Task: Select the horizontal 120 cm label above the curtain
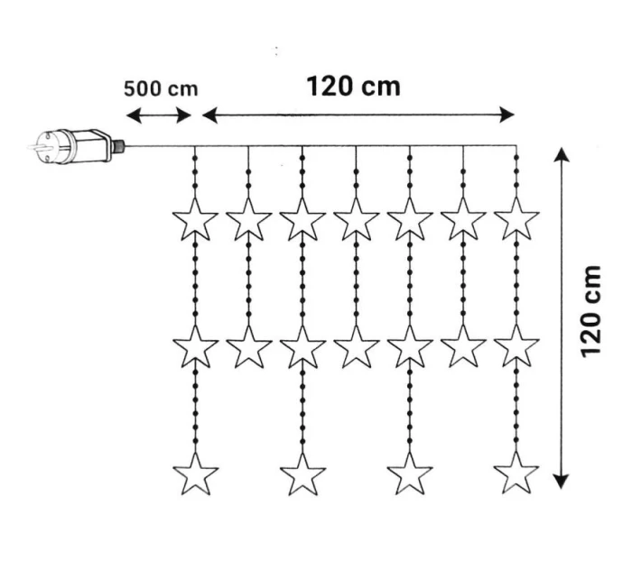[353, 86]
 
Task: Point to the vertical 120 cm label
[592, 310]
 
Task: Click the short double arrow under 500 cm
[159, 115]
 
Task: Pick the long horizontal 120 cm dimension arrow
[358, 115]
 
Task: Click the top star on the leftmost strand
[195, 219]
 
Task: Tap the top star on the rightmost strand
[516, 219]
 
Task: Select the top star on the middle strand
[356, 219]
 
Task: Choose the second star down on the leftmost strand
[195, 346]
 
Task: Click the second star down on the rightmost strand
[516, 346]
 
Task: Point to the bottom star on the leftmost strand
[195, 473]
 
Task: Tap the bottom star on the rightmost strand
[516, 473]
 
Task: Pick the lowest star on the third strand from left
[302, 473]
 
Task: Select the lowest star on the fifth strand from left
[409, 473]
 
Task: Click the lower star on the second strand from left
[249, 346]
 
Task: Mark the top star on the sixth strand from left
[463, 219]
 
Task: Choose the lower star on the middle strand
[356, 346]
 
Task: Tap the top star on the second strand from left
[249, 219]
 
